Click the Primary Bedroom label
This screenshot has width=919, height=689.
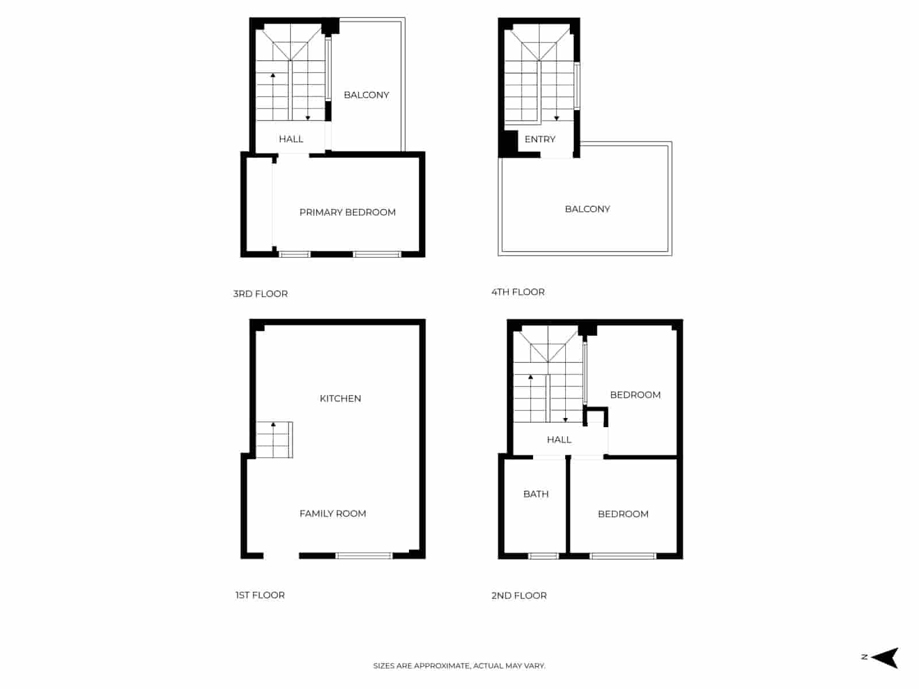(347, 212)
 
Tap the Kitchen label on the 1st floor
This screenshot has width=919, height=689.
(340, 398)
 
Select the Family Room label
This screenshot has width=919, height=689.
(333, 514)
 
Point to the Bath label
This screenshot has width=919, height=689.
(536, 494)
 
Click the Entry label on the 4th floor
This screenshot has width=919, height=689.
(540, 140)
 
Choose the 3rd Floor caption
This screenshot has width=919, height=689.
(260, 294)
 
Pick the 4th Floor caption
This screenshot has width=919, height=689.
(518, 292)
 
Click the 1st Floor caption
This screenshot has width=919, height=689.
(260, 595)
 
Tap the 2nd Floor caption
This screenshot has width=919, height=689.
(519, 596)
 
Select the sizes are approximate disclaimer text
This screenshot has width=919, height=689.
(459, 666)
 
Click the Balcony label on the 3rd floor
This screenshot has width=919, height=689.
(366, 95)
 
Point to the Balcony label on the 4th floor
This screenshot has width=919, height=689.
(588, 209)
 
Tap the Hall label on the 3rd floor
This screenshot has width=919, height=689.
(291, 139)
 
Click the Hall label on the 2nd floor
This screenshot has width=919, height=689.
(559, 440)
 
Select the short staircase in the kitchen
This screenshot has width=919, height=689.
(274, 440)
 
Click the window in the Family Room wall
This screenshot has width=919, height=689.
(364, 556)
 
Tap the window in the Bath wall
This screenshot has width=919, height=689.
(543, 556)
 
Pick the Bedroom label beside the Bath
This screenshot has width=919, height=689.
(623, 514)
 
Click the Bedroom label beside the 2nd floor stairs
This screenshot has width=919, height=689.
(635, 395)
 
